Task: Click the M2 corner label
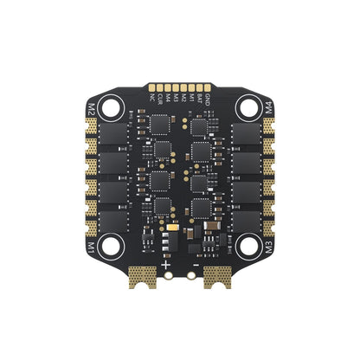pos(91,109)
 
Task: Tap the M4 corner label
pos(268,109)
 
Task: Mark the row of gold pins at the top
pos(179,89)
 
